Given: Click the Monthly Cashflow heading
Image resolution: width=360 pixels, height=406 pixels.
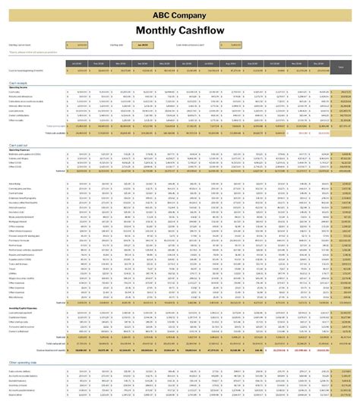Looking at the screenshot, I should pos(180,30).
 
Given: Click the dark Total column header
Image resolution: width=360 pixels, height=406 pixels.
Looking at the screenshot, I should pos(340,67).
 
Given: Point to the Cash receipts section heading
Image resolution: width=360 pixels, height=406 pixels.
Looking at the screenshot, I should pos(18,82).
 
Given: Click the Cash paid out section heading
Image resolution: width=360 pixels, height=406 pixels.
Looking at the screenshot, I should pos(19,143).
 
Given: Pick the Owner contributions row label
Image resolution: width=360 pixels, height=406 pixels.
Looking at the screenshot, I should pos(18,115).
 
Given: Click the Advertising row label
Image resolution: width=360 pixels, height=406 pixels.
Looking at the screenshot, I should pos(14,184).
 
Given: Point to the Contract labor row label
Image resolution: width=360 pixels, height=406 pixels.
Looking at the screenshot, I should pos(16,193).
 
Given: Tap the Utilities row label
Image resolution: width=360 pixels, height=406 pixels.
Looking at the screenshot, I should pos(13,272).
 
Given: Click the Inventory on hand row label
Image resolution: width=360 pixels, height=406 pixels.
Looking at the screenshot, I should pos(18,386).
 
